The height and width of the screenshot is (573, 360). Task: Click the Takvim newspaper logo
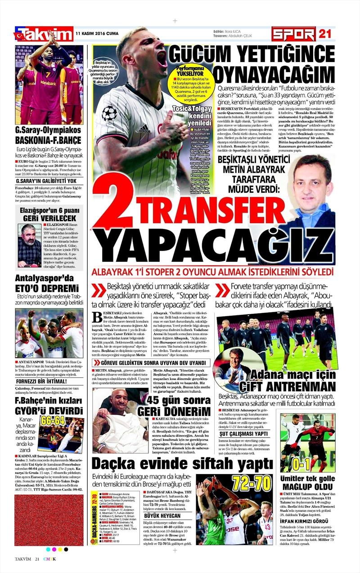[44, 34]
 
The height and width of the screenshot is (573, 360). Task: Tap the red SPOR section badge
[293, 34]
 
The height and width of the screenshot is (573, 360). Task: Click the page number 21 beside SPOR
[325, 34]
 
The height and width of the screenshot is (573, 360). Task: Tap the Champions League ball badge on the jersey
[109, 112]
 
